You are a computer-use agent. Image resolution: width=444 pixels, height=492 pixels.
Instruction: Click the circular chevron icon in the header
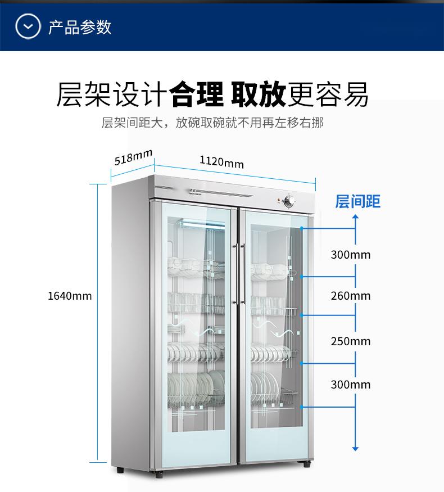(x=28, y=26)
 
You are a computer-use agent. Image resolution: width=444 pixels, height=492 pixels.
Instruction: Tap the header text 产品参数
(x=80, y=27)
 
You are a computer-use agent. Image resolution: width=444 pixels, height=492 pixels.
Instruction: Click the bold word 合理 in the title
(x=196, y=94)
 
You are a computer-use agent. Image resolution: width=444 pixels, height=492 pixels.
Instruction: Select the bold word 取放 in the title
(x=259, y=94)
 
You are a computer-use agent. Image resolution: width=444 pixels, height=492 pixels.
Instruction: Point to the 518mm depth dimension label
(x=133, y=157)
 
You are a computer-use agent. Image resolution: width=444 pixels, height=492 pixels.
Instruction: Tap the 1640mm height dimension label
(x=70, y=296)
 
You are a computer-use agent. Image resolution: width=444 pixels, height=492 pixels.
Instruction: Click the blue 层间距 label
(x=357, y=201)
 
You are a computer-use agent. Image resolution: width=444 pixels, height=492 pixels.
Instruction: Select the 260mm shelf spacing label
(x=351, y=296)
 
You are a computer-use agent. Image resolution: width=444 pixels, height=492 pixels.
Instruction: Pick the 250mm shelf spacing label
(x=351, y=341)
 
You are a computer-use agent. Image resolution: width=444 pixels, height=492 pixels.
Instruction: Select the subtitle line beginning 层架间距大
(x=212, y=123)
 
